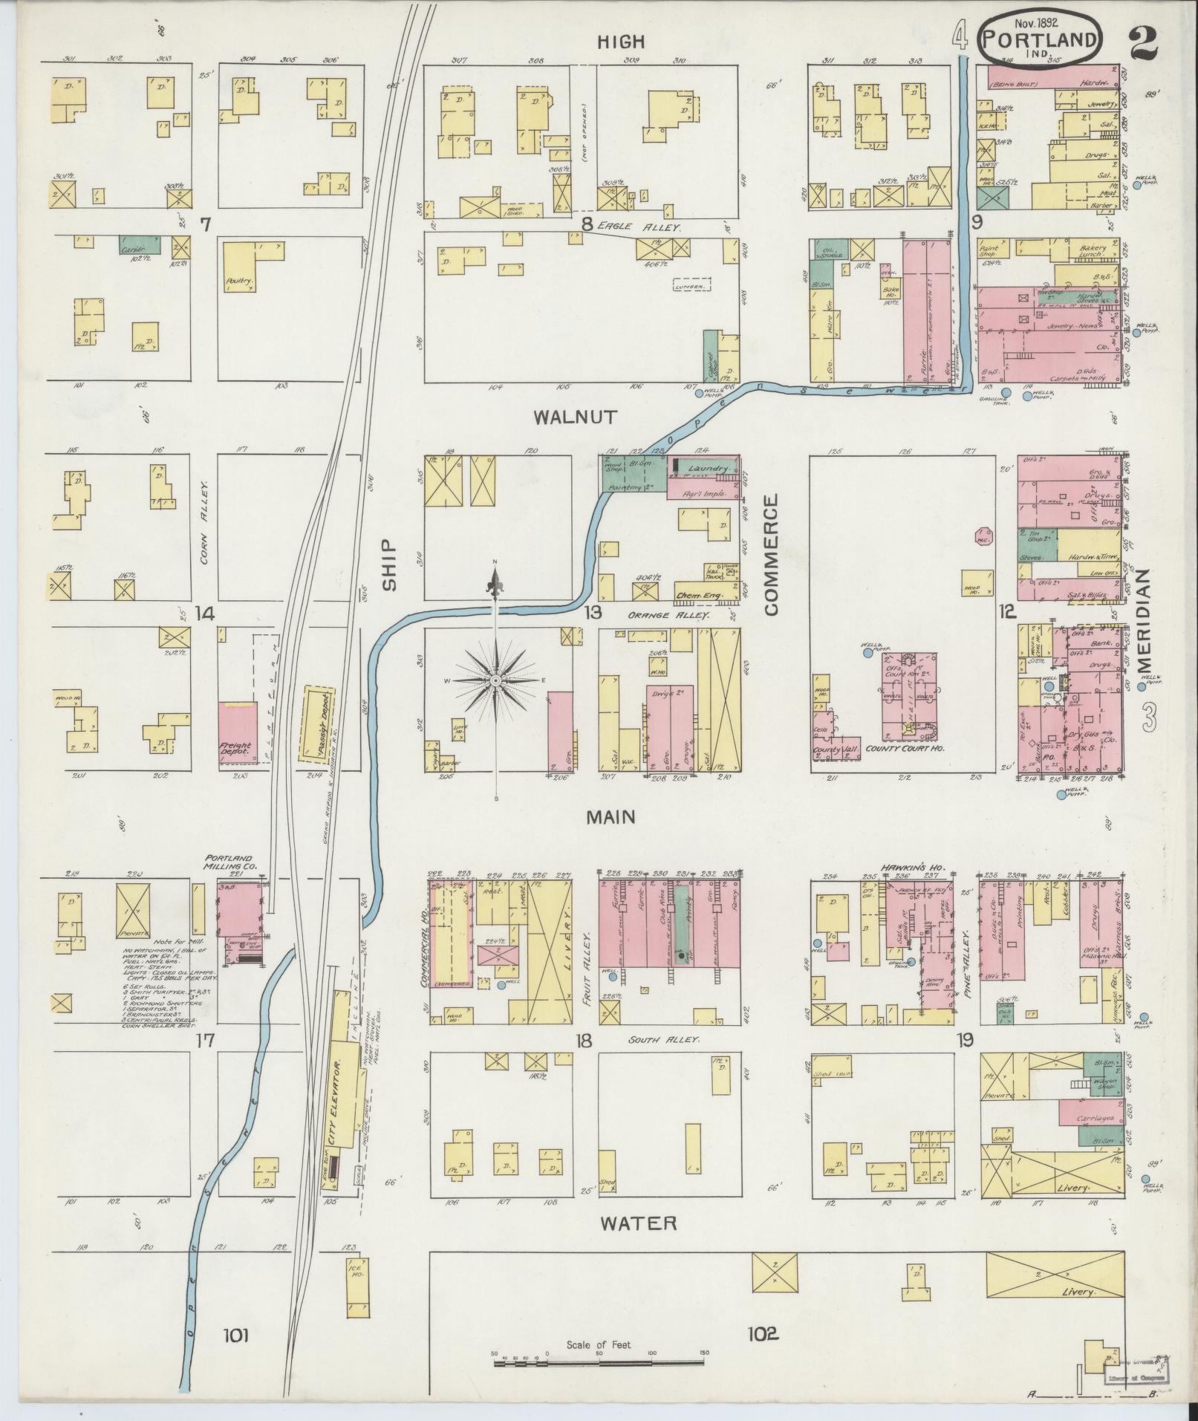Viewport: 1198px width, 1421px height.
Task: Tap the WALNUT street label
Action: [585, 417]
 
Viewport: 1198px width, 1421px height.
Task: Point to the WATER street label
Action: [639, 1223]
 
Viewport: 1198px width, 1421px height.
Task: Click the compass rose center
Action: [495, 680]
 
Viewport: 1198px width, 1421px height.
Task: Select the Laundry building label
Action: [706, 469]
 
